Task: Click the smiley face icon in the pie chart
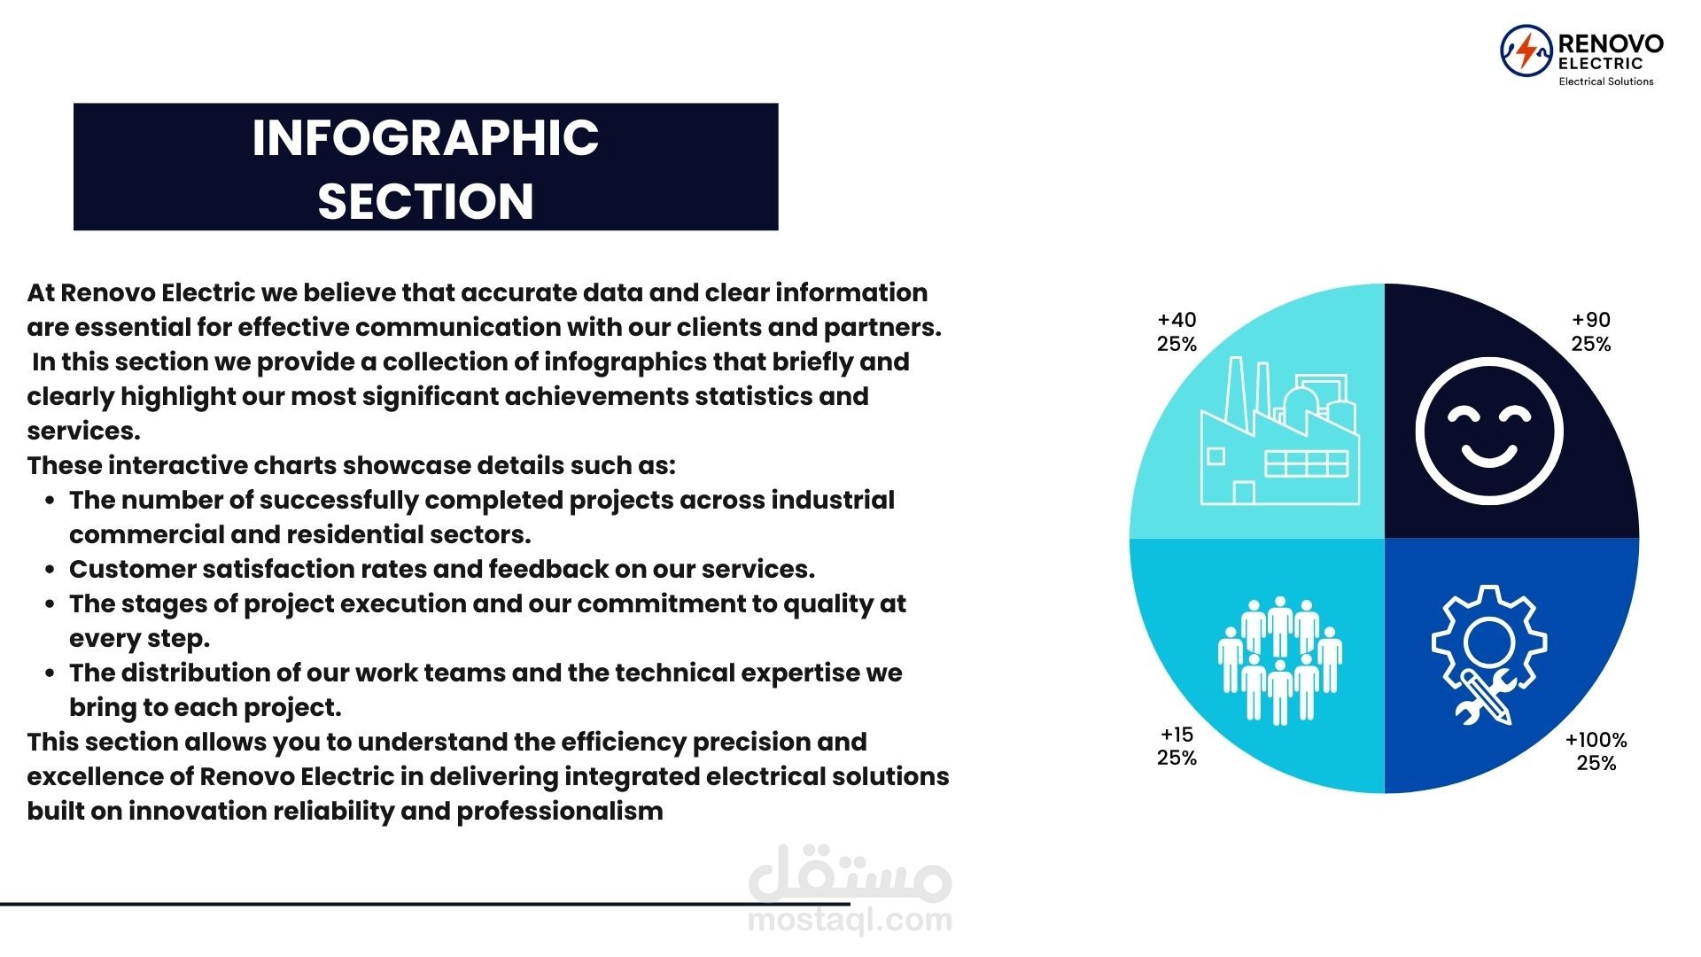click(x=1488, y=432)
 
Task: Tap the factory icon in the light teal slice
click(x=1279, y=431)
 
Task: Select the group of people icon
click(x=1279, y=660)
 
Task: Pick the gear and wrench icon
click(x=1488, y=654)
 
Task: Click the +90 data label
click(x=1591, y=320)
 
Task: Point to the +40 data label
click(x=1177, y=320)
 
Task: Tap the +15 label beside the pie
click(x=1177, y=735)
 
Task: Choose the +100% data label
click(x=1596, y=740)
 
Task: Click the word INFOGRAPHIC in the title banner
click(x=425, y=137)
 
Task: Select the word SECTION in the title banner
click(x=425, y=201)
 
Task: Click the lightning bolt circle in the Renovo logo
click(x=1526, y=51)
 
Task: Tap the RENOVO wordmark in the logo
click(x=1610, y=43)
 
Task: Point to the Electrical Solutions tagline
click(x=1606, y=82)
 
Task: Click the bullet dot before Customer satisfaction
click(x=50, y=571)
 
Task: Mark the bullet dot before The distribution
click(x=50, y=674)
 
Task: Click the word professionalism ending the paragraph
click(x=560, y=812)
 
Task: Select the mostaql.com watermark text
click(x=850, y=920)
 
